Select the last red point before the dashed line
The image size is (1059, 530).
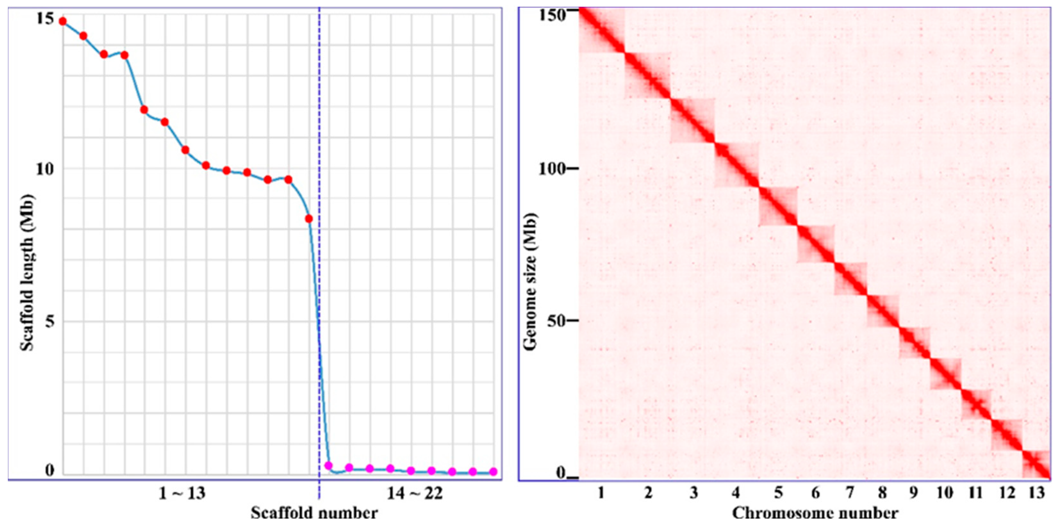[x=309, y=219]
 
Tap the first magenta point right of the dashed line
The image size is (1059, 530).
[x=328, y=466]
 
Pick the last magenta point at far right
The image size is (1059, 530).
[x=493, y=472]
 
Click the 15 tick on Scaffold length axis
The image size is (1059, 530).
[x=45, y=19]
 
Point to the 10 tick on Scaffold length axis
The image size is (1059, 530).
[x=45, y=168]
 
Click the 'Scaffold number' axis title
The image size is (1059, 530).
[x=314, y=513]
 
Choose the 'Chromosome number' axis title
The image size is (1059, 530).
[x=815, y=513]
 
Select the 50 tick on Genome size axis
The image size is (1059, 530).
[x=556, y=321]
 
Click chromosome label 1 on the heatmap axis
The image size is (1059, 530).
[x=601, y=492]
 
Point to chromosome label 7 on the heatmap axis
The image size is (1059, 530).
[x=850, y=492]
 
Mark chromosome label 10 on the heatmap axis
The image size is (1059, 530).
[x=945, y=492]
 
